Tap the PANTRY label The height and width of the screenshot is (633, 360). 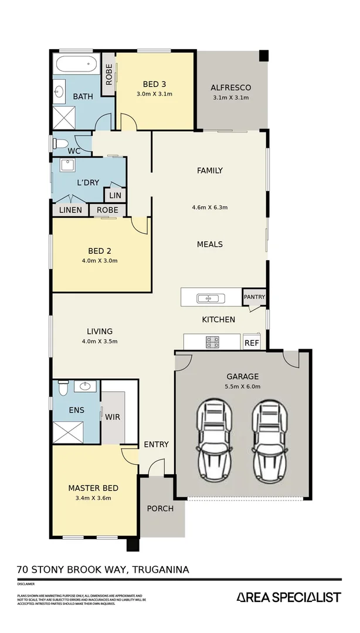click(x=254, y=297)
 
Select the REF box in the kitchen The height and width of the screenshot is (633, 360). click(x=252, y=343)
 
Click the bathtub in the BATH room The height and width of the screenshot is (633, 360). click(x=77, y=64)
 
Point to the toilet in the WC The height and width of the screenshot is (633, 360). click(x=61, y=143)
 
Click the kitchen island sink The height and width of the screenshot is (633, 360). click(x=208, y=298)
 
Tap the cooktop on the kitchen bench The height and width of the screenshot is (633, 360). click(x=212, y=341)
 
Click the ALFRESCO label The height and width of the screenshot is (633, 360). click(x=231, y=88)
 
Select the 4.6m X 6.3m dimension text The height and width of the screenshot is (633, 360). click(x=209, y=207)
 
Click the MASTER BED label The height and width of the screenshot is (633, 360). click(x=93, y=488)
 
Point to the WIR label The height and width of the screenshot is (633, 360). click(x=113, y=417)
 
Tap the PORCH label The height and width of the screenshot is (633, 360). click(x=160, y=508)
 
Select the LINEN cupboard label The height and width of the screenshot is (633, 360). click(x=70, y=210)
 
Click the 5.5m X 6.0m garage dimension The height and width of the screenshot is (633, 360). click(x=243, y=386)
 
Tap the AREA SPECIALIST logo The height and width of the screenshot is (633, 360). click(x=288, y=597)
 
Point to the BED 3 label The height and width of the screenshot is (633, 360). click(x=155, y=84)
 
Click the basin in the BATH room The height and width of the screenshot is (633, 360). click(x=59, y=92)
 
